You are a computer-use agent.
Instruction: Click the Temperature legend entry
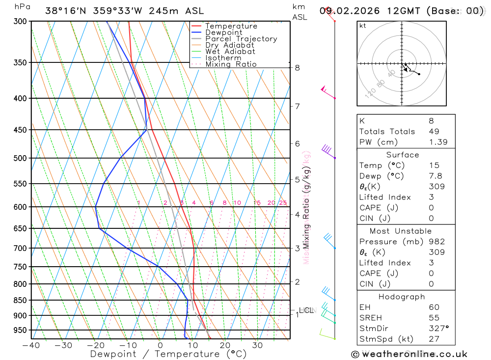pyautogui.click(x=231, y=26)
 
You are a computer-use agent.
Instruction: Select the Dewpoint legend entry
pyautogui.click(x=223, y=32)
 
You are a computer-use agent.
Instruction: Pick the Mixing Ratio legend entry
pyautogui.click(x=231, y=64)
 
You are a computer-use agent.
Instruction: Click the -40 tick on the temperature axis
pyautogui.click(x=31, y=345)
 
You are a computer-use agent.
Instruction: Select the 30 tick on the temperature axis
pyautogui.click(x=257, y=345)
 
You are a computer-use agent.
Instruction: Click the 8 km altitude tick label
pyautogui.click(x=297, y=68)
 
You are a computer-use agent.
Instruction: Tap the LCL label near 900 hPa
pyautogui.click(x=306, y=310)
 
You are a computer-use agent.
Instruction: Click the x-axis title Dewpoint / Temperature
pyautogui.click(x=168, y=354)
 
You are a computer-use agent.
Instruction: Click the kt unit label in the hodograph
pyautogui.click(x=363, y=26)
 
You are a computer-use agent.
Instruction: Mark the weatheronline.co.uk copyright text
pyautogui.click(x=409, y=354)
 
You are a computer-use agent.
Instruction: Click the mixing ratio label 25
pyautogui.click(x=283, y=203)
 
